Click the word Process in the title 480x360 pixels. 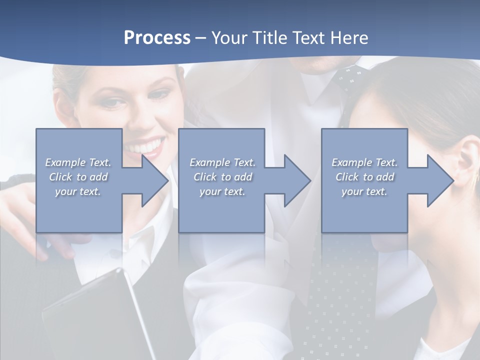click(157, 38)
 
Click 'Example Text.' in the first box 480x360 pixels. click(78, 162)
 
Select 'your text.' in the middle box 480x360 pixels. click(222, 191)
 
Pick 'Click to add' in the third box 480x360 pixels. click(364, 177)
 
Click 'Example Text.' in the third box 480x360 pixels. click(364, 162)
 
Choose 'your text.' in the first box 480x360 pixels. click(78, 191)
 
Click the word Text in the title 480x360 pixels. click(309, 38)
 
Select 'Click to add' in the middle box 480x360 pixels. click(222, 177)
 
